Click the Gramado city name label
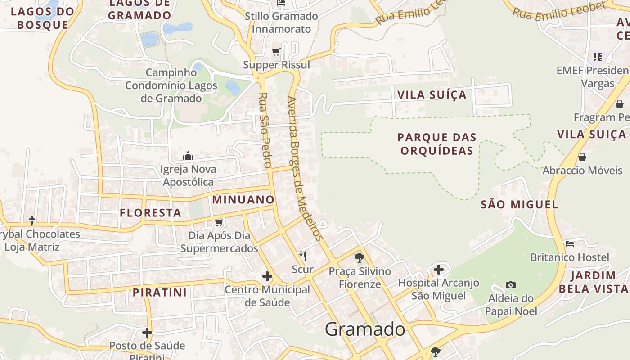(365, 329)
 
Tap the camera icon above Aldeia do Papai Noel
(510, 285)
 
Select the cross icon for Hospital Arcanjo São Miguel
(439, 270)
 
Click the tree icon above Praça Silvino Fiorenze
(359, 258)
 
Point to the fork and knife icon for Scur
(303, 256)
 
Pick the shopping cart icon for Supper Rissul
(276, 52)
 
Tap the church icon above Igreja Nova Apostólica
(188, 156)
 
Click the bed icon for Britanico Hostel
(570, 244)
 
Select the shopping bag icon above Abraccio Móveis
(582, 157)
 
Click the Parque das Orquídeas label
(437, 144)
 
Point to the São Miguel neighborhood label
(519, 205)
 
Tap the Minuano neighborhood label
(243, 200)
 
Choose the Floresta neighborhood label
(151, 213)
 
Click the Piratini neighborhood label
(160, 292)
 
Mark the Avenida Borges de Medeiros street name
(305, 169)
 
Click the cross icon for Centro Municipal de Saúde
(267, 276)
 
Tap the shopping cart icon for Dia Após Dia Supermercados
(219, 222)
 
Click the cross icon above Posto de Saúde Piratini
(147, 333)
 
